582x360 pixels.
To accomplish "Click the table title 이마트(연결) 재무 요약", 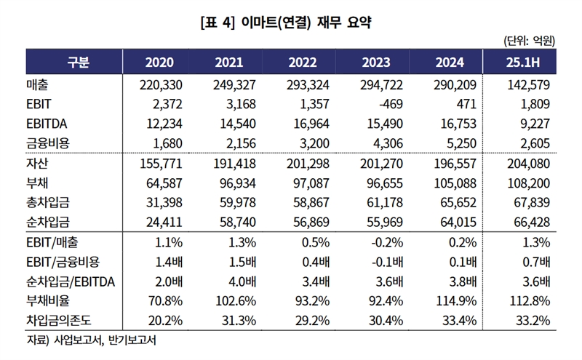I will pos(291,22).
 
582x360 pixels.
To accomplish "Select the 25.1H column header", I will pos(528,62).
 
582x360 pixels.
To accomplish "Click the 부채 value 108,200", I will pos(529,184).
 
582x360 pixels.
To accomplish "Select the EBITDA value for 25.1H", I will pos(536,123).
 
